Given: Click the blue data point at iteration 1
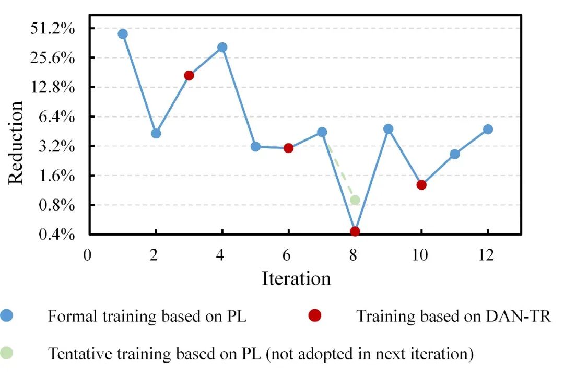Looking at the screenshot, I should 123,34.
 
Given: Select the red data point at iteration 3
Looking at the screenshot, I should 189,75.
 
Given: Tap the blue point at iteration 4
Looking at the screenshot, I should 222,48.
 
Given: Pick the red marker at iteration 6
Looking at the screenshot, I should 288,148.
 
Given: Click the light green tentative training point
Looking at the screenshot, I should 355,200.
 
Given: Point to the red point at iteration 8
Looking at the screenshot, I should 355,231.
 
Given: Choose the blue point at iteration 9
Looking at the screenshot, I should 388,129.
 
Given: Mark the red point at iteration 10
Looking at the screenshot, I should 421,185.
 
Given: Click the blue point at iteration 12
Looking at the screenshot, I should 488,130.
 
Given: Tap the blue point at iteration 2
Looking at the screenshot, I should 156,133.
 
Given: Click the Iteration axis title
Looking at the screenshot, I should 296,278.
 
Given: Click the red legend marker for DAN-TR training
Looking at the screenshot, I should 315,315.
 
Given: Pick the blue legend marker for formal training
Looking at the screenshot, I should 7,315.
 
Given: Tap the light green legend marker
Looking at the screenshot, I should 7,353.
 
